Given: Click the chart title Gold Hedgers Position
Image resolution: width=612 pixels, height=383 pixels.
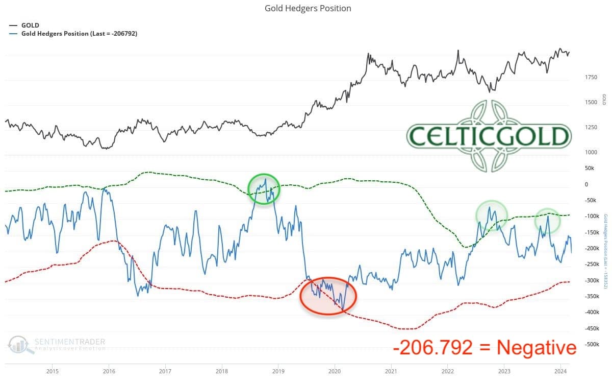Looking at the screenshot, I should [308, 8].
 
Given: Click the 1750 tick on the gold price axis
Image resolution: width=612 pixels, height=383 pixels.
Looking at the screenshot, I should [591, 77].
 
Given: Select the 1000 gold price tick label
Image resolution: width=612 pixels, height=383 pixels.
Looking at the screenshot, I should [591, 152].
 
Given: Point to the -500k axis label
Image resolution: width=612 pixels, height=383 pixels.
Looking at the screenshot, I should [592, 344].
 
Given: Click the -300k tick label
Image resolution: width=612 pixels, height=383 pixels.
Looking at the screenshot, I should [592, 280].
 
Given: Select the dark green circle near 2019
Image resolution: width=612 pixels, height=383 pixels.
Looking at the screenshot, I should [264, 189].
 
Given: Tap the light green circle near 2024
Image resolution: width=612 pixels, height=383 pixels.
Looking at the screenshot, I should [548, 221].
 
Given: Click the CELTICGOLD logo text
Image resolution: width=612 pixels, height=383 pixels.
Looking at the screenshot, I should [489, 136].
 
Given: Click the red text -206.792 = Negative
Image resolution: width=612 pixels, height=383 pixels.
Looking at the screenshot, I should [484, 348].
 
